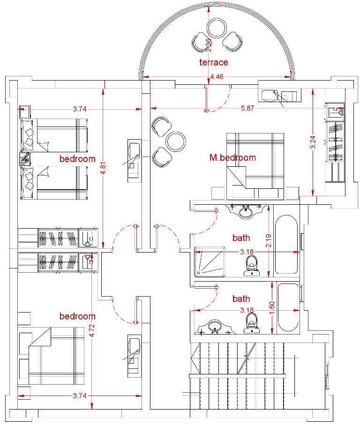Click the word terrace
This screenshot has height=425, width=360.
[214, 62]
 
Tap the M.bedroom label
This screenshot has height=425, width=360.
[232, 157]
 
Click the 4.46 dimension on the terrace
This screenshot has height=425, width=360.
[217, 77]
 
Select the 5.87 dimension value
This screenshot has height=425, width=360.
[247, 108]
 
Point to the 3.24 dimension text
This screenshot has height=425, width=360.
[313, 142]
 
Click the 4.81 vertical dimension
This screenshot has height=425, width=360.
[103, 169]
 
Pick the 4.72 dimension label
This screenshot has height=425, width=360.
[92, 331]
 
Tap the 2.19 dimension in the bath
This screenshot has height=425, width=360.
[269, 241]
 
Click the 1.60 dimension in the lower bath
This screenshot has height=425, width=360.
[272, 308]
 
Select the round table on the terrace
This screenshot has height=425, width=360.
[217, 29]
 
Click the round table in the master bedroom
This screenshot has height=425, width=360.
[176, 142]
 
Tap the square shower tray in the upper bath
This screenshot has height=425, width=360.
[210, 262]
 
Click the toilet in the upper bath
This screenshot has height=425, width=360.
[252, 266]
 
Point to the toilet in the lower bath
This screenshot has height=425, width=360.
[252, 322]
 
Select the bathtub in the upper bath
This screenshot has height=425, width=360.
[286, 245]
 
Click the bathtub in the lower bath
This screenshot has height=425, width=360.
[288, 307]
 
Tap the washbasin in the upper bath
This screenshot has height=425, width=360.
[246, 211]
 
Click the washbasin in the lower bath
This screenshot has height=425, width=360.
[215, 327]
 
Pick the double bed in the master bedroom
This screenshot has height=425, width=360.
[255, 166]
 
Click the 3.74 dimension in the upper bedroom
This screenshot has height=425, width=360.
[80, 109]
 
